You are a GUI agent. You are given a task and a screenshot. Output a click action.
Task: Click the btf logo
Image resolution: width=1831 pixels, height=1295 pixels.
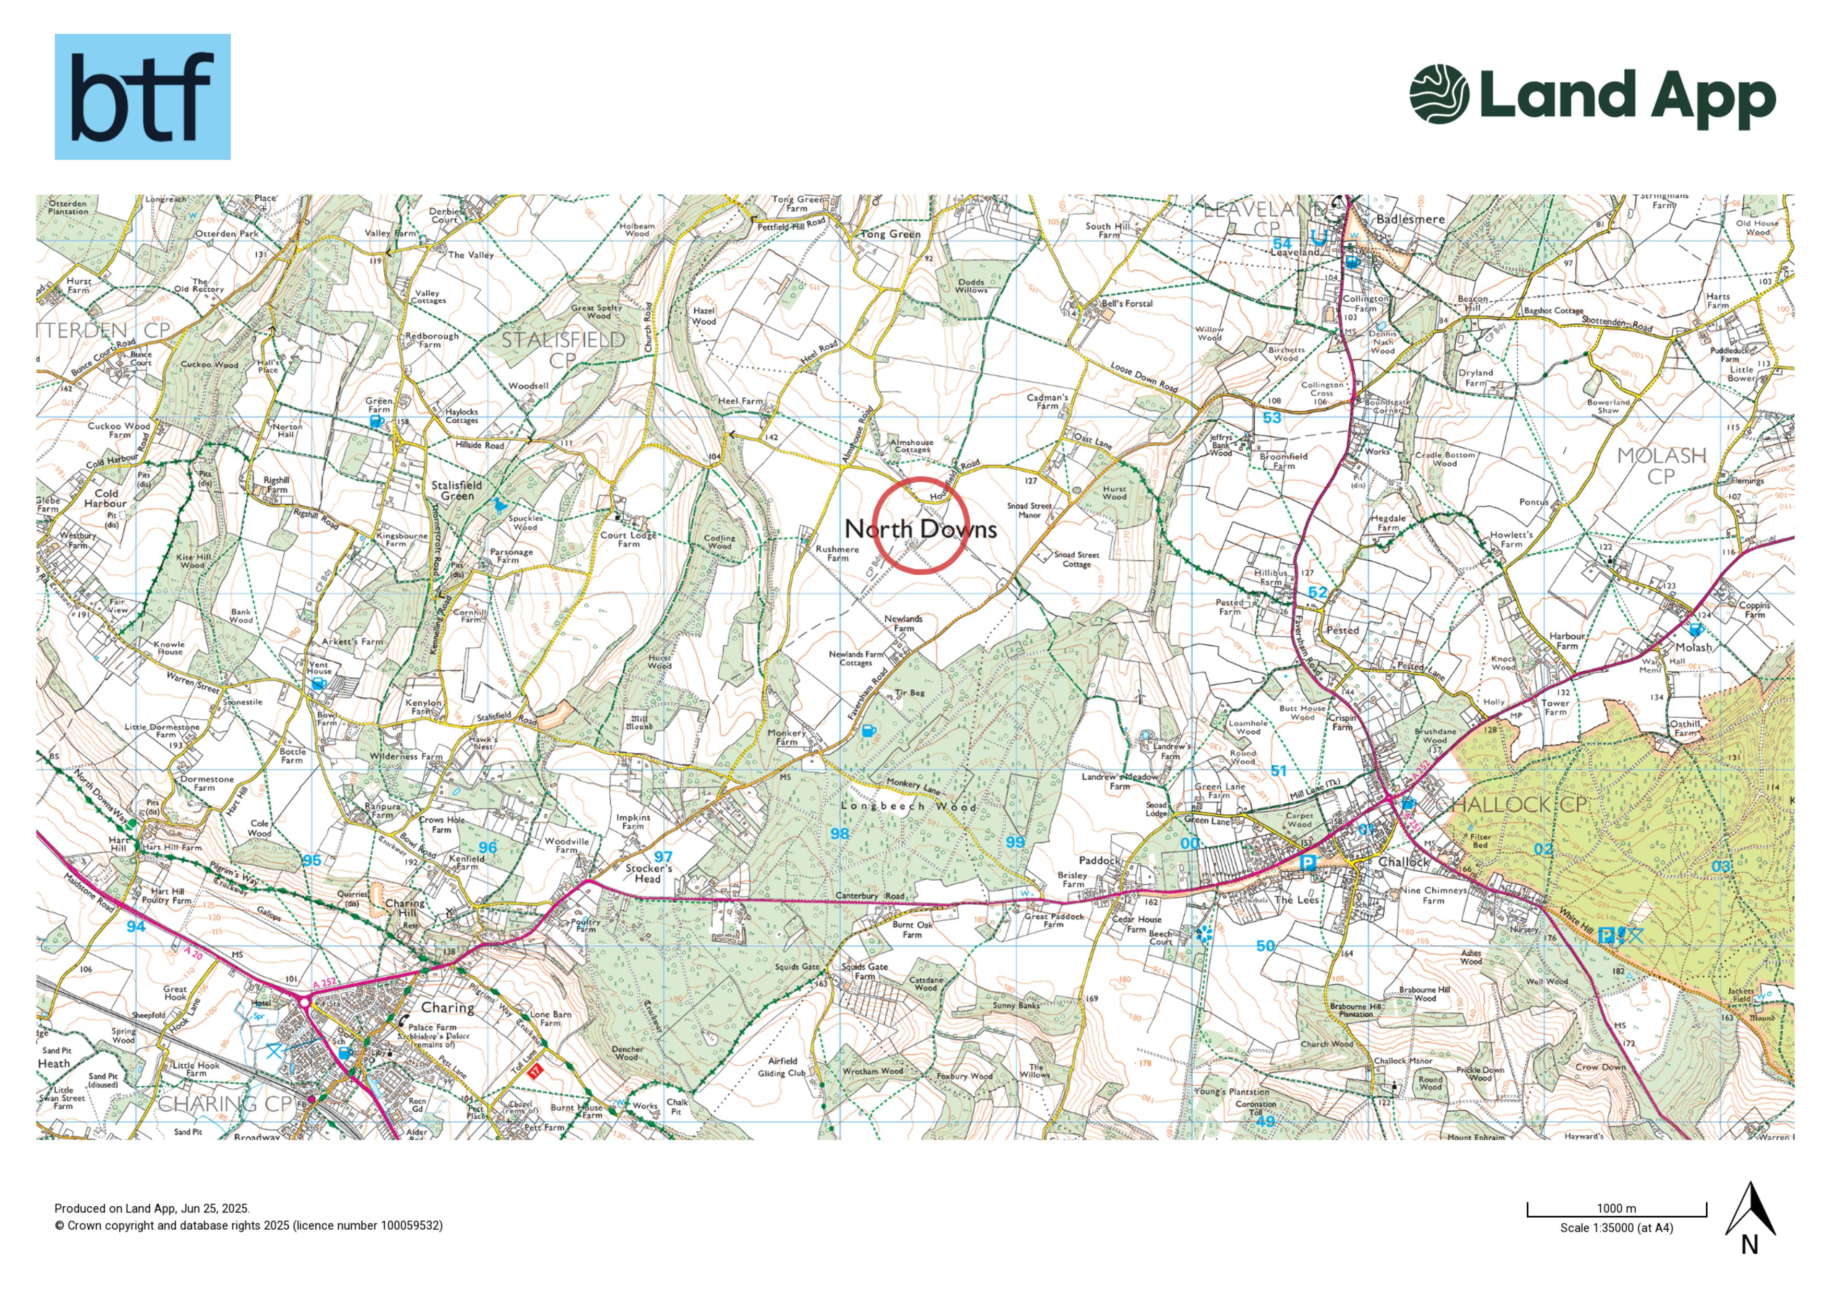[x=142, y=97]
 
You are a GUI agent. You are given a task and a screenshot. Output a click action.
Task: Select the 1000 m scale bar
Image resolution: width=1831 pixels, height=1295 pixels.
[x=1616, y=1210]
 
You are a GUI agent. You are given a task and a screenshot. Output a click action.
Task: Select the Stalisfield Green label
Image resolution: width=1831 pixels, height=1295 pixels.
[x=457, y=491]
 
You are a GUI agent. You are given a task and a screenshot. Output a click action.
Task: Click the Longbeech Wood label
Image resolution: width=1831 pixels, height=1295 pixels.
[x=908, y=806]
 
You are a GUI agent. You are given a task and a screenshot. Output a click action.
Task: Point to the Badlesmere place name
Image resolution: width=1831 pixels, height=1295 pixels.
[x=1410, y=219]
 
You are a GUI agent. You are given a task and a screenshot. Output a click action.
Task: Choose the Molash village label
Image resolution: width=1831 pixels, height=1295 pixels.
[x=1693, y=647]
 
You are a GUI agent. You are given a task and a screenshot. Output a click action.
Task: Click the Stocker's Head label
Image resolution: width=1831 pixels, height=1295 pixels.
[x=648, y=873]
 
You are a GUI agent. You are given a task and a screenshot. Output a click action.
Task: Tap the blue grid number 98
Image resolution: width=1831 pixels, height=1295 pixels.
[x=840, y=834]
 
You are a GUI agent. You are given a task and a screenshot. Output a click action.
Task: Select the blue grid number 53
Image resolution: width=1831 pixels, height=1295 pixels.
[x=1272, y=418]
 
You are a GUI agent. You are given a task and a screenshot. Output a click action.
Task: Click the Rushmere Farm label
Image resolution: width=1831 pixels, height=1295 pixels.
[x=837, y=553]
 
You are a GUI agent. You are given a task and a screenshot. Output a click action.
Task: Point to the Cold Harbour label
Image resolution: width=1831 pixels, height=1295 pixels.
[x=106, y=498]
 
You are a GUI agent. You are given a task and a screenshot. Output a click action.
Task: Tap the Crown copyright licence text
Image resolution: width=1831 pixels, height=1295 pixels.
[x=248, y=1226]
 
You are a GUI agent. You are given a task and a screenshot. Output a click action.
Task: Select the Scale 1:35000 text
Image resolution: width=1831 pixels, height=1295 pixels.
[x=1616, y=1228]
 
